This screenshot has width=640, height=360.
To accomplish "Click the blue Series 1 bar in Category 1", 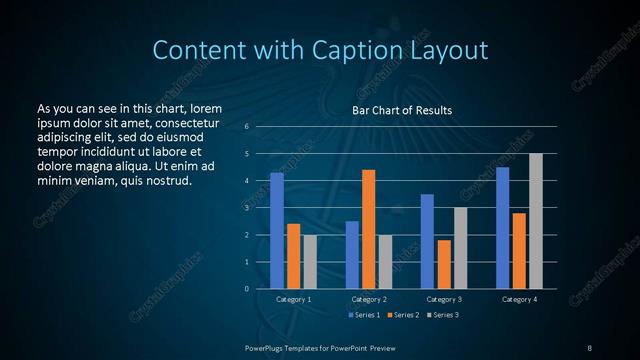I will click(277, 231).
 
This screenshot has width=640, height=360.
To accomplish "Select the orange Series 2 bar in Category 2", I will click(368, 229).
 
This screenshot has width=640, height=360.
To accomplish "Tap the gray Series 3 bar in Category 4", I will click(536, 221).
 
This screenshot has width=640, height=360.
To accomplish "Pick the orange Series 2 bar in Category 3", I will click(443, 264).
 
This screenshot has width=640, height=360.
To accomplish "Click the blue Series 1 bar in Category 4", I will click(502, 228).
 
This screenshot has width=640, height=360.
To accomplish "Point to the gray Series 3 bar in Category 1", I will click(310, 262).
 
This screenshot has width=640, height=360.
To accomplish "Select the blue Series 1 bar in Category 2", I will click(352, 255).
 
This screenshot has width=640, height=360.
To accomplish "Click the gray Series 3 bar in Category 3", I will click(460, 248).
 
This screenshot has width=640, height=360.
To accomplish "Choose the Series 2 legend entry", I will click(402, 315).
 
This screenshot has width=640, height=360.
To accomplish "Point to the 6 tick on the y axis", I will click(247, 127).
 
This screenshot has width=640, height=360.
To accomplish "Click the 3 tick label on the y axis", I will click(247, 208).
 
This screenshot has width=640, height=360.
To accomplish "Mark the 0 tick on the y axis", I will click(247, 289).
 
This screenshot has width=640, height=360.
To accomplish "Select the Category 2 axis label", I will click(368, 299).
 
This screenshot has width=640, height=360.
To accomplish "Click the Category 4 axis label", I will click(519, 299).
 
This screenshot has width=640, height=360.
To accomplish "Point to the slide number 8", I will click(589, 347).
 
